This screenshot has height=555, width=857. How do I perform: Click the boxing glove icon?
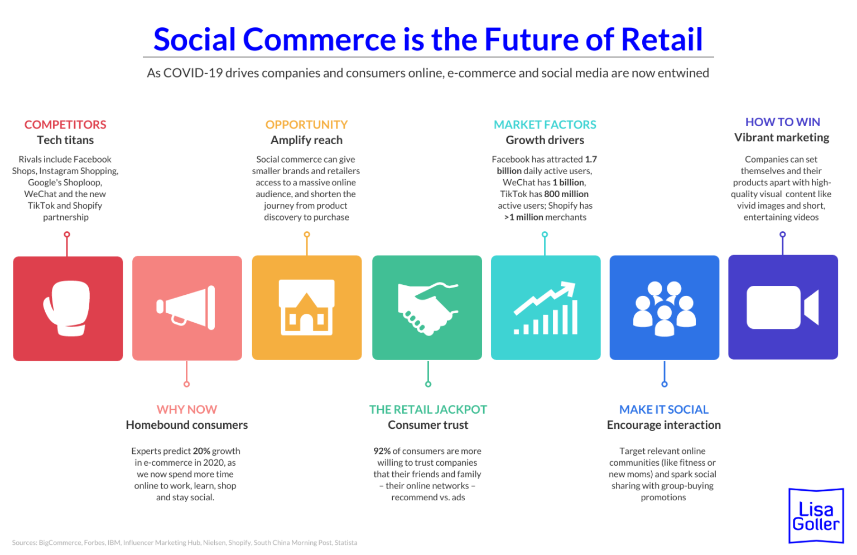[x=68, y=308]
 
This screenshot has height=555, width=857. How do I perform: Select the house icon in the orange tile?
[x=306, y=307]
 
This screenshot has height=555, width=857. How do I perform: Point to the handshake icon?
[x=427, y=308]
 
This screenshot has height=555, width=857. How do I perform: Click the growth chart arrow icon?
[x=545, y=308]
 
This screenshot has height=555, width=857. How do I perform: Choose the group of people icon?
[x=664, y=308]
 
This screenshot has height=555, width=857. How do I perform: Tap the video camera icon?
[x=782, y=307]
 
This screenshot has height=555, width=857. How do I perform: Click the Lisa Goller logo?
[x=815, y=516]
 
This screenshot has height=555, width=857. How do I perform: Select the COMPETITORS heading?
[x=65, y=125]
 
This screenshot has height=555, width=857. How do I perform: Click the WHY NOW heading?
[x=187, y=409]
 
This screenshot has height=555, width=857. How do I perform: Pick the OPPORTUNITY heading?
[x=306, y=125]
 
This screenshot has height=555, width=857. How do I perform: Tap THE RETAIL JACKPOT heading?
[x=428, y=409]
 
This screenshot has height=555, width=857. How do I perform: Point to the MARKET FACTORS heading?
[x=545, y=125]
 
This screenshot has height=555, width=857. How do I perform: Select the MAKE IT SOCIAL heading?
[x=664, y=409]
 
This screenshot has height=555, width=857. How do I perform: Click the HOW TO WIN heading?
[x=782, y=122]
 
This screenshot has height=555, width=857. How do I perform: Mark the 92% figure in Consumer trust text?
[x=382, y=451]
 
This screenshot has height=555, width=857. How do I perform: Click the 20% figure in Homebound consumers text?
[x=201, y=451]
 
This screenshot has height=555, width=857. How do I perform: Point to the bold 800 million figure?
[x=566, y=194]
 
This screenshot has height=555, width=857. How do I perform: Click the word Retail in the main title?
[x=662, y=40]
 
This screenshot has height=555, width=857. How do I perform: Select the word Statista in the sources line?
[x=346, y=542]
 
